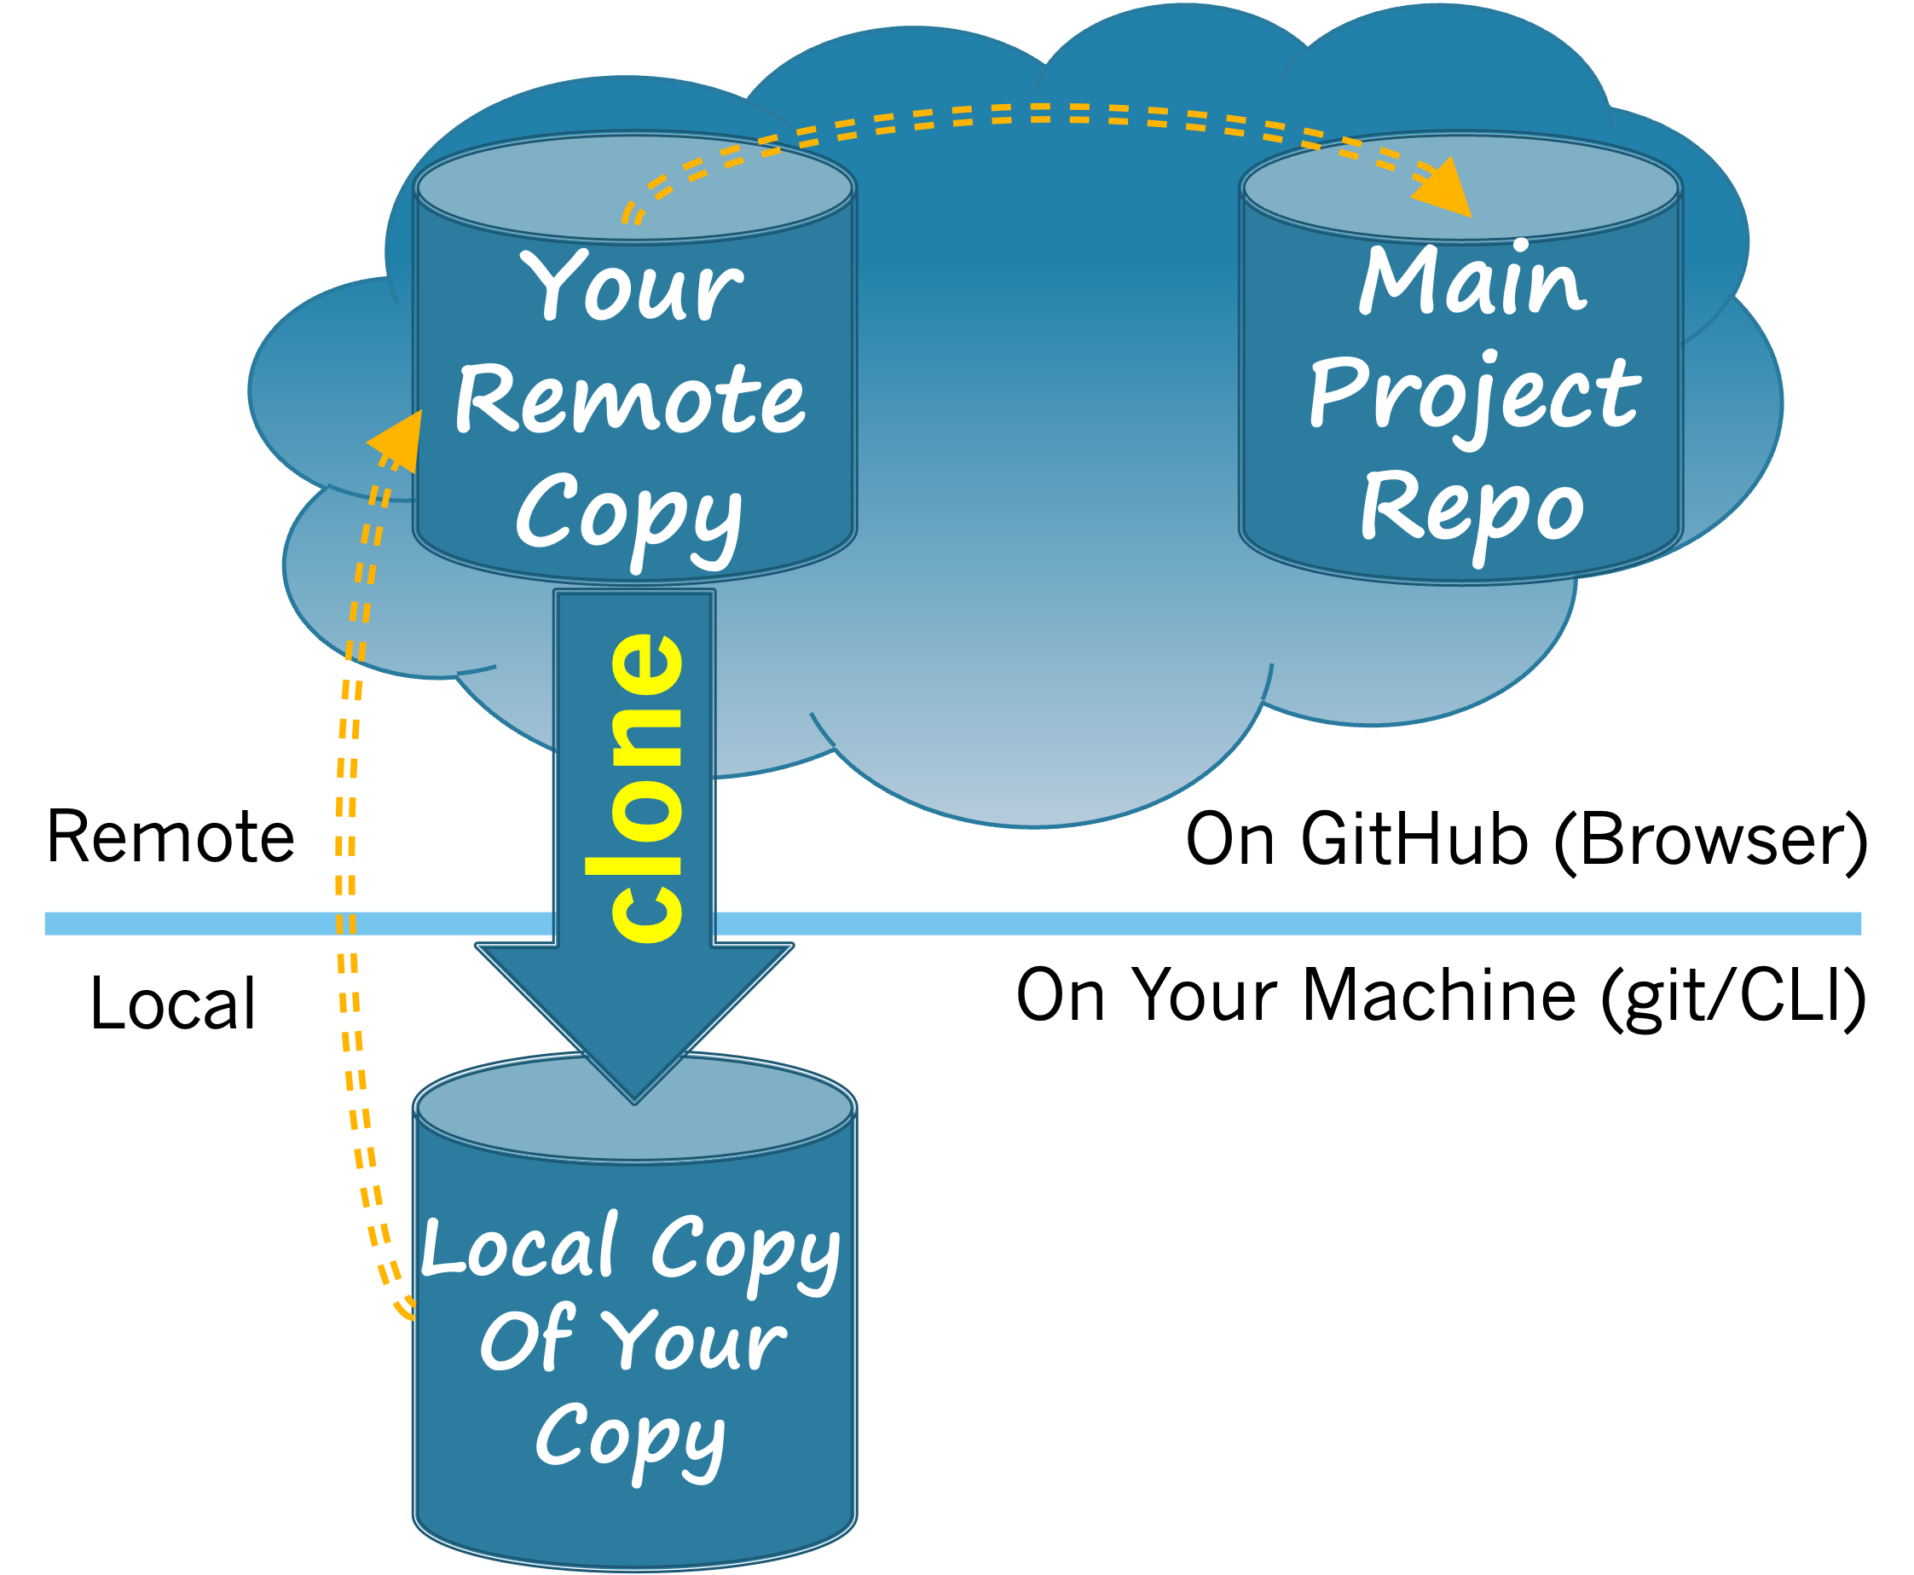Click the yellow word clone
(x=646, y=788)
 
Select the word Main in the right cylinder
(x=1472, y=282)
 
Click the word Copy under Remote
(x=628, y=513)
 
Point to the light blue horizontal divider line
(x=1270, y=923)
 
